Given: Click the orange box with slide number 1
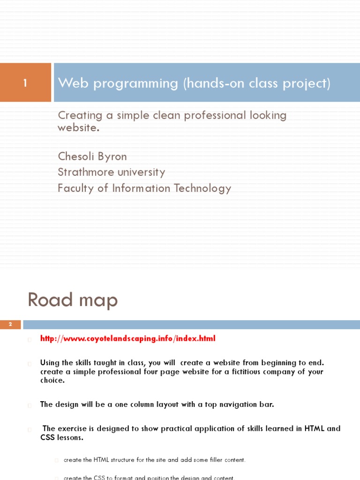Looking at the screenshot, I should coord(25,83).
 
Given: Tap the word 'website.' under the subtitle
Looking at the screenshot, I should coord(78,127).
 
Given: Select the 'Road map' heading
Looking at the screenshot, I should coord(73,300).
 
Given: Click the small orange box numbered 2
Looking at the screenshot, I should coord(10,324).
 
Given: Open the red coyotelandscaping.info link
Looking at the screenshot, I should coord(127,338).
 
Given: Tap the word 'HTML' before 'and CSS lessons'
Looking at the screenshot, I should coord(315,428).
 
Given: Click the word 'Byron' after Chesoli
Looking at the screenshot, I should coord(113,156).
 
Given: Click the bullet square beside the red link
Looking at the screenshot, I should coord(30,339).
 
